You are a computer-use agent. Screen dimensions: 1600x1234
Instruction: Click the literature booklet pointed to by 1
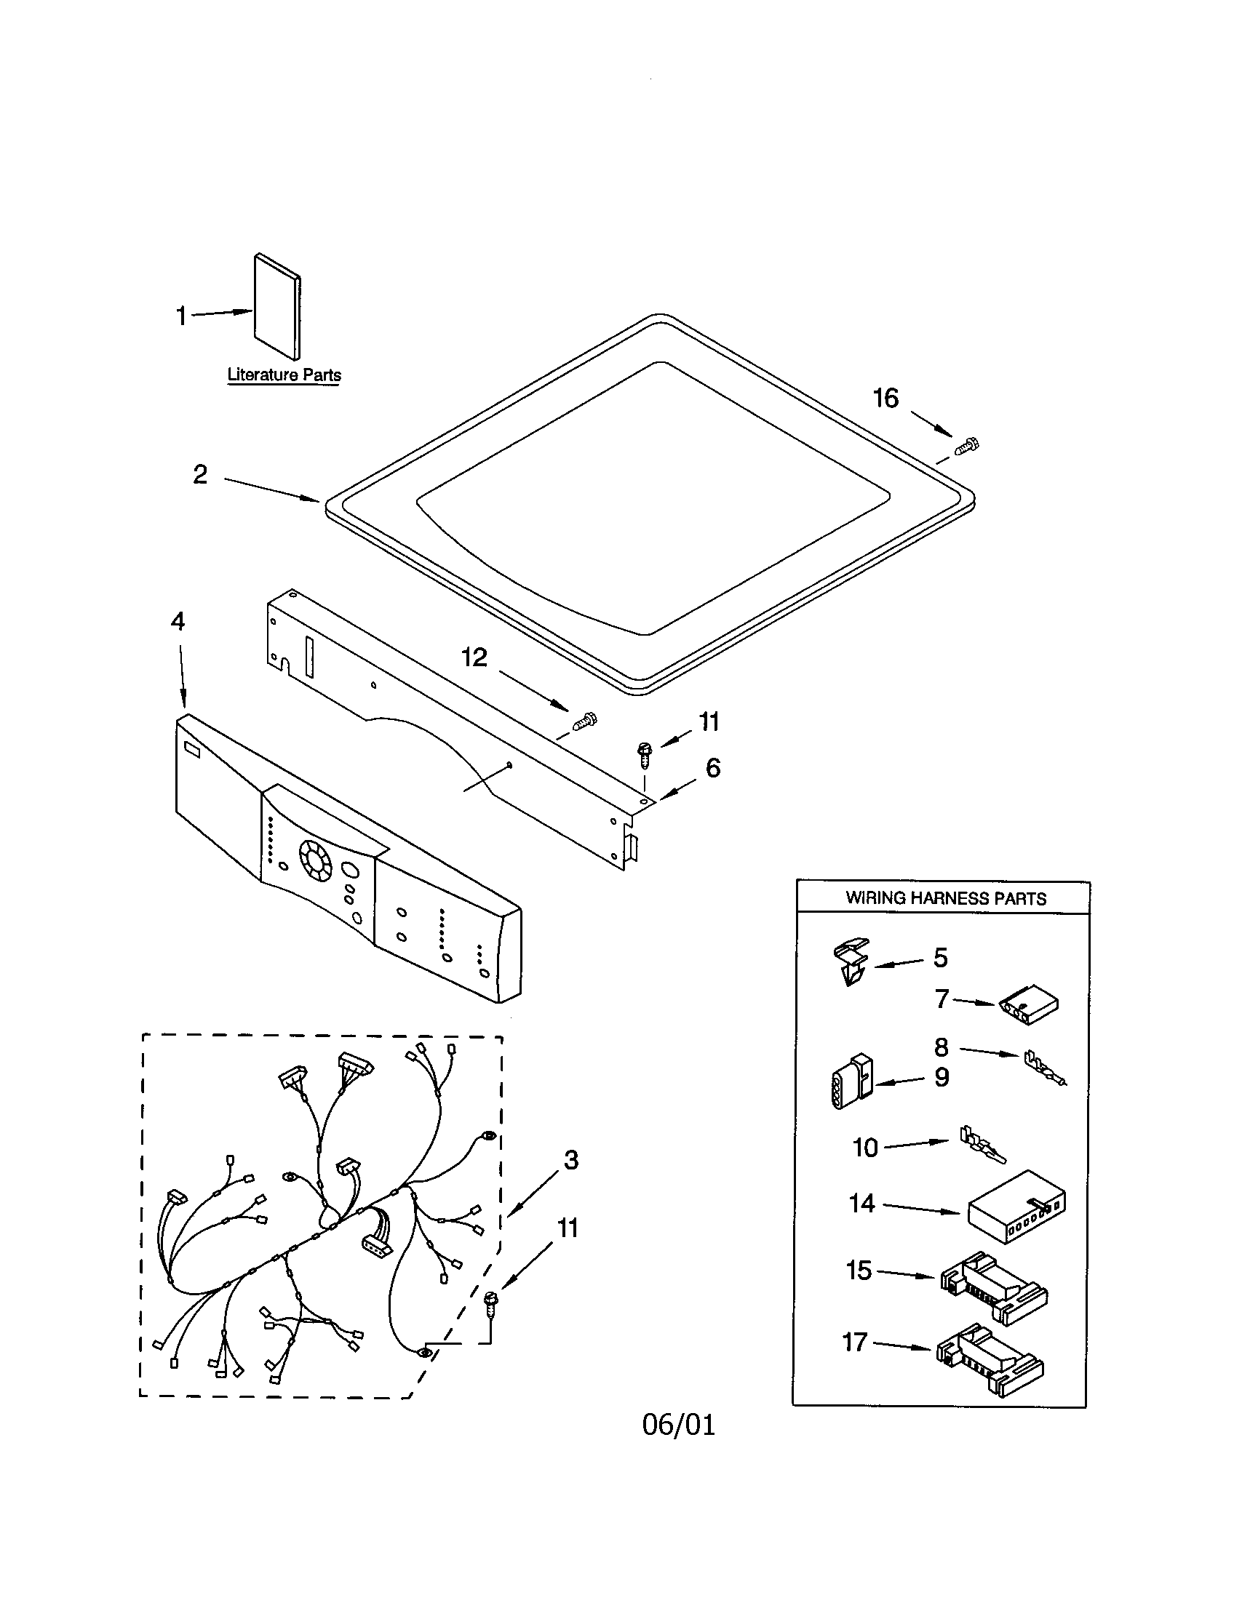(x=277, y=308)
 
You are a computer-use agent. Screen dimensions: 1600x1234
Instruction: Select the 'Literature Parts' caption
(x=284, y=375)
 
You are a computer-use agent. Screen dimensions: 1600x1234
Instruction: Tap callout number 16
(x=885, y=399)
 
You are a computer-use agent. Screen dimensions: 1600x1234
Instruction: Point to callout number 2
(x=200, y=475)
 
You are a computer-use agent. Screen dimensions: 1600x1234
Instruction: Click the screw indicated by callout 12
(x=585, y=721)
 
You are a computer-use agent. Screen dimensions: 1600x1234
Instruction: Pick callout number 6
(x=712, y=768)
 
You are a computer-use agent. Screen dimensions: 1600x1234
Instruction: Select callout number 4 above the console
(x=178, y=621)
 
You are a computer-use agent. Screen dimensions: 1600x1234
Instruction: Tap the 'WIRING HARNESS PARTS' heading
(x=945, y=898)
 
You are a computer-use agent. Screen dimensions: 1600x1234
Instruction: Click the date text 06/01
(x=679, y=1425)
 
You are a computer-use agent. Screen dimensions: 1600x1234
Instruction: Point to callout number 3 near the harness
(x=571, y=1160)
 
